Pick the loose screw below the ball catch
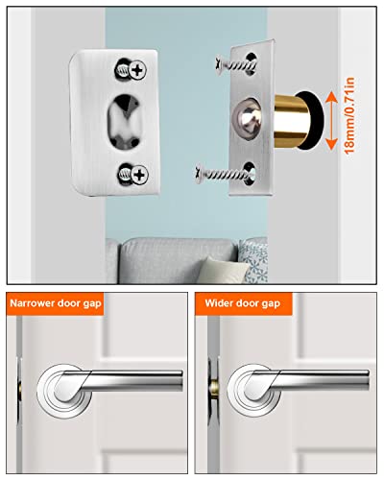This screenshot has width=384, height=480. [231, 172]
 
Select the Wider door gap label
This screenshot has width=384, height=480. [245, 303]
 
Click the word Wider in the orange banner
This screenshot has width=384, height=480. [222, 303]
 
